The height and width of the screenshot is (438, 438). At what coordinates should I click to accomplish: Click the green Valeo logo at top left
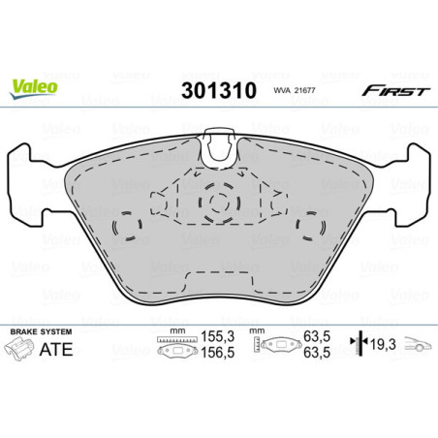coord(34,86)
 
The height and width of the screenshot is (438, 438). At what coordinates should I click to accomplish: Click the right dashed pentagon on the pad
coord(309,228)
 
